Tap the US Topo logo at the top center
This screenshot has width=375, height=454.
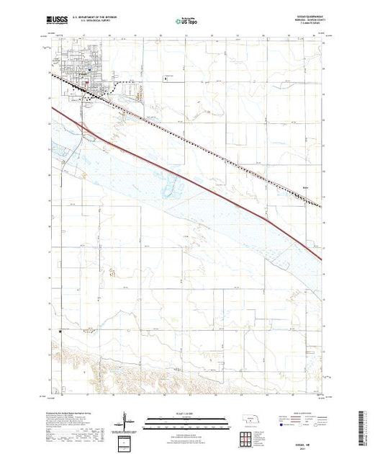pyautogui.click(x=186, y=22)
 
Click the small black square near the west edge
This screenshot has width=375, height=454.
pyautogui.click(x=59, y=331)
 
